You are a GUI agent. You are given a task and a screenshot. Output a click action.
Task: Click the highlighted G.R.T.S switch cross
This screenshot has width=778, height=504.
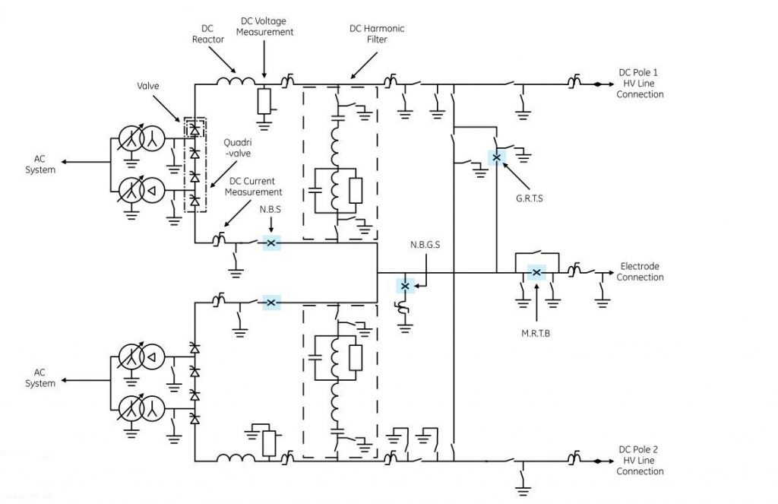point(496,157)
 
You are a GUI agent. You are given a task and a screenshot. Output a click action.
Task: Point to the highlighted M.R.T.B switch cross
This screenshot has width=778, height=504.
point(536,272)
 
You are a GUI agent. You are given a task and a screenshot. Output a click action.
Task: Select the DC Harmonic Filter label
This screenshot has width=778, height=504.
point(377,34)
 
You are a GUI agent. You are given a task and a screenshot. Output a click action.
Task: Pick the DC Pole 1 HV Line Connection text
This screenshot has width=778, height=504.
point(640,84)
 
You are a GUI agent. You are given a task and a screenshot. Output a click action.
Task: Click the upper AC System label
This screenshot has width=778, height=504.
point(45,164)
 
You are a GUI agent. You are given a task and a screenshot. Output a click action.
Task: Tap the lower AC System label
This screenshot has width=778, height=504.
point(45,378)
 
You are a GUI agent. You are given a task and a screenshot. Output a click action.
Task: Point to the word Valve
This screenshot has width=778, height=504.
point(148,87)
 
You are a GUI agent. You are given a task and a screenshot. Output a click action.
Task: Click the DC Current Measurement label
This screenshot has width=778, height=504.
point(255,187)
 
